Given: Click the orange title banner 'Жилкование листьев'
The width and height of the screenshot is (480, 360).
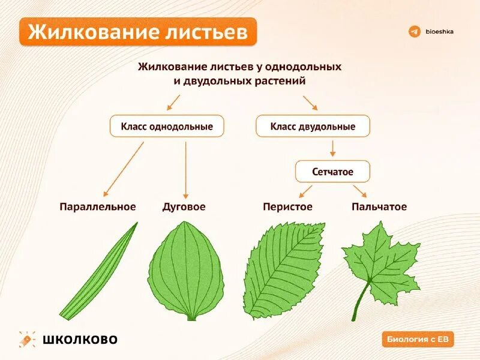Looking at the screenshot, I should (x=138, y=32).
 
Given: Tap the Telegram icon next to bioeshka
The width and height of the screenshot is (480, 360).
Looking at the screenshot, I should (x=414, y=31).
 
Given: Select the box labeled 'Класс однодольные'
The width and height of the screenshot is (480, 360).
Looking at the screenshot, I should (x=166, y=127).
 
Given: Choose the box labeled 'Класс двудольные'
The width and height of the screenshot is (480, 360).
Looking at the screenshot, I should (x=313, y=127).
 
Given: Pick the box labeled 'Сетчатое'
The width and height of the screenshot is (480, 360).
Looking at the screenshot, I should (x=332, y=172).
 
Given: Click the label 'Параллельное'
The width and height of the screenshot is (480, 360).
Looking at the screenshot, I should (x=98, y=206).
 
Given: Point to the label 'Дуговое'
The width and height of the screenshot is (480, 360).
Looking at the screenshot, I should (x=184, y=206).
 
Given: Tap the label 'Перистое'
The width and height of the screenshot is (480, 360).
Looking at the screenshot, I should (x=287, y=206).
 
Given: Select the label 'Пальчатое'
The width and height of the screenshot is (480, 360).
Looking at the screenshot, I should (x=379, y=206).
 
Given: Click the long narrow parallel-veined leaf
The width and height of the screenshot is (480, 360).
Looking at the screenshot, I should (x=99, y=270).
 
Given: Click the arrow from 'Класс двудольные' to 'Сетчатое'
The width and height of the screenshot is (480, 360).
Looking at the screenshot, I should (x=332, y=148).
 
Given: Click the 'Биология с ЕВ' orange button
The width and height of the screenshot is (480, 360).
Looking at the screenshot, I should (x=418, y=339).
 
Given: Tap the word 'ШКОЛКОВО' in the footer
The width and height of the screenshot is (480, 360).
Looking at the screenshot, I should (x=80, y=340).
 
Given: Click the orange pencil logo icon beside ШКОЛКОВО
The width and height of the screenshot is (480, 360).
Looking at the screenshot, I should (x=27, y=340).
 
